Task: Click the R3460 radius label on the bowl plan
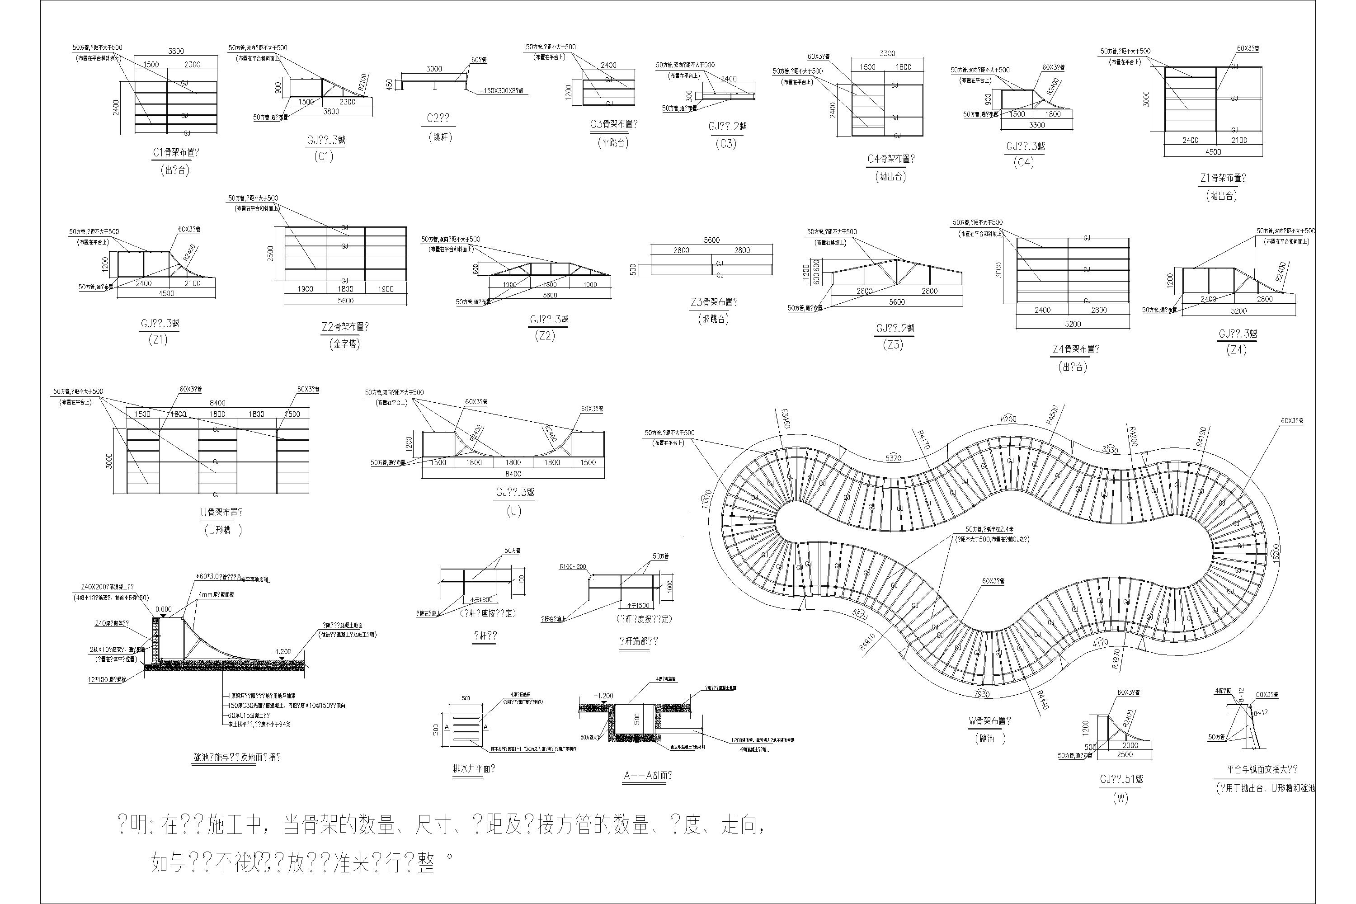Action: tap(785, 419)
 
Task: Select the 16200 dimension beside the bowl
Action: tap(1275, 552)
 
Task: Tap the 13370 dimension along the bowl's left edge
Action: tap(707, 499)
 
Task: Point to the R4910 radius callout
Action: tap(866, 642)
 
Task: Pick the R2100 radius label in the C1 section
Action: tap(362, 83)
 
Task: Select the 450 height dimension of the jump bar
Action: tap(390, 85)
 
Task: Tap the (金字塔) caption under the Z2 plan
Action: tap(345, 344)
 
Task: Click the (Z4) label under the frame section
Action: tap(1237, 350)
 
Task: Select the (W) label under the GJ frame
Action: tap(1120, 798)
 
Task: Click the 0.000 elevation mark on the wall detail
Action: tap(163, 609)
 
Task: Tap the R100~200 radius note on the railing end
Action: tap(573, 567)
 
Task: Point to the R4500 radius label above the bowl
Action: tap(1053, 415)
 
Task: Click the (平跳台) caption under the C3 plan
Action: tap(613, 142)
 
